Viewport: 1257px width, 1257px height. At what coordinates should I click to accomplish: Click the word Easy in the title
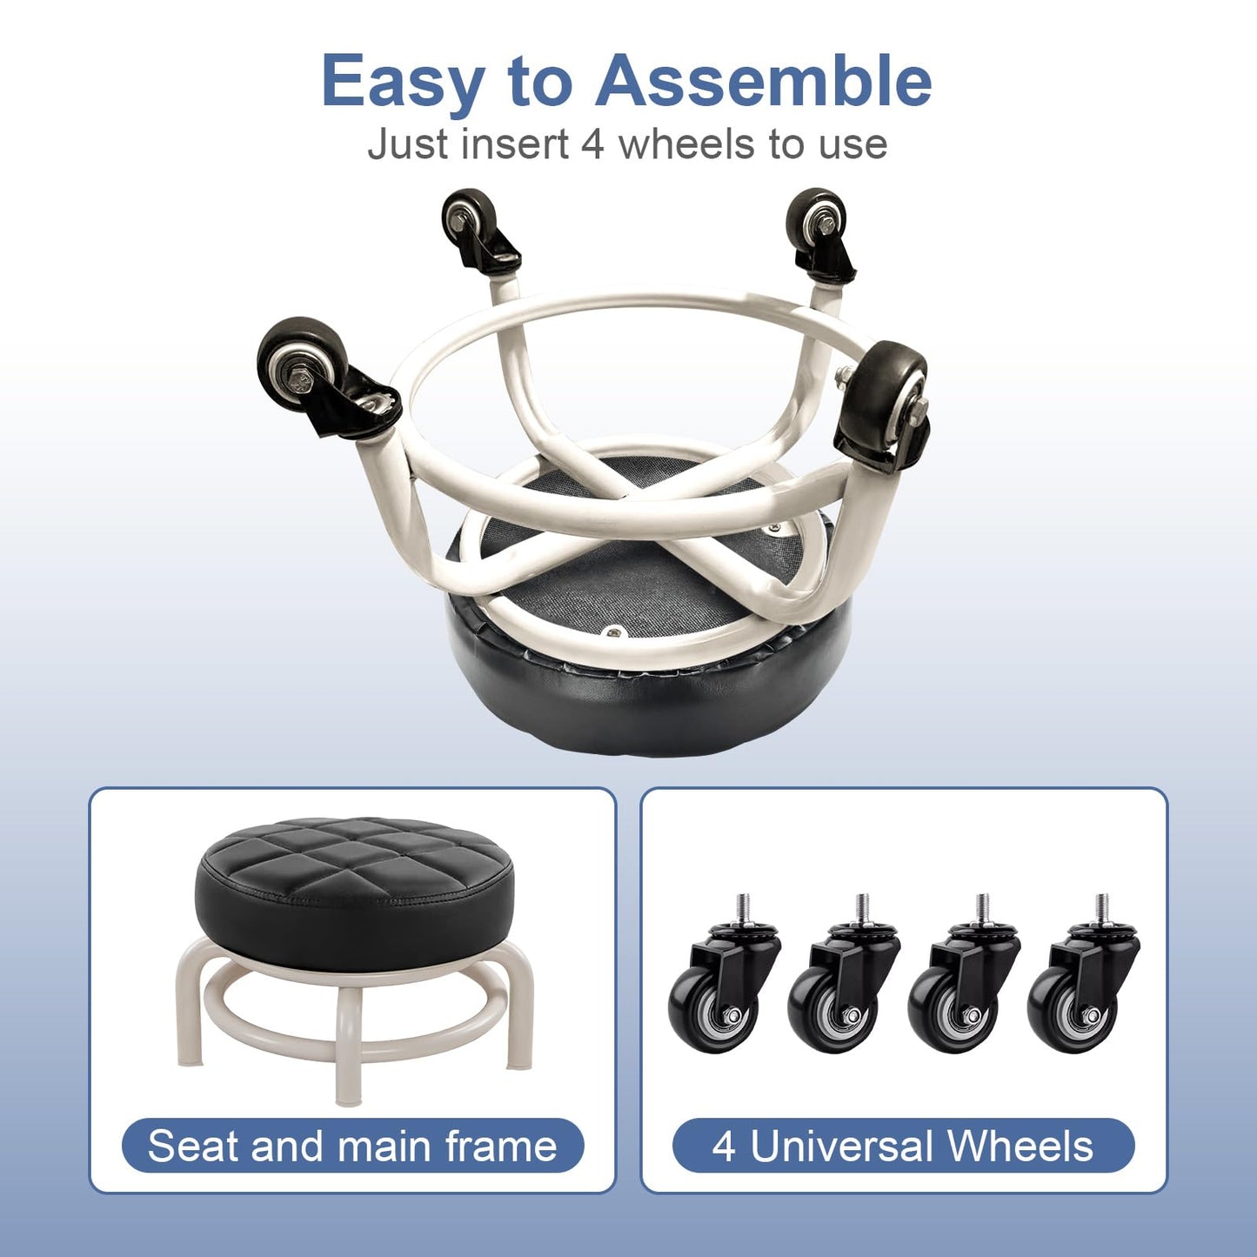(x=403, y=82)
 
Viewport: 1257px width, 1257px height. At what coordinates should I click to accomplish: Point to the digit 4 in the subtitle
(x=591, y=144)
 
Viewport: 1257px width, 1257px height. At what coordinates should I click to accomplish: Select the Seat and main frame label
(x=352, y=1147)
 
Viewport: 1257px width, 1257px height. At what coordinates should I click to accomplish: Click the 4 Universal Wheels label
(x=904, y=1147)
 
